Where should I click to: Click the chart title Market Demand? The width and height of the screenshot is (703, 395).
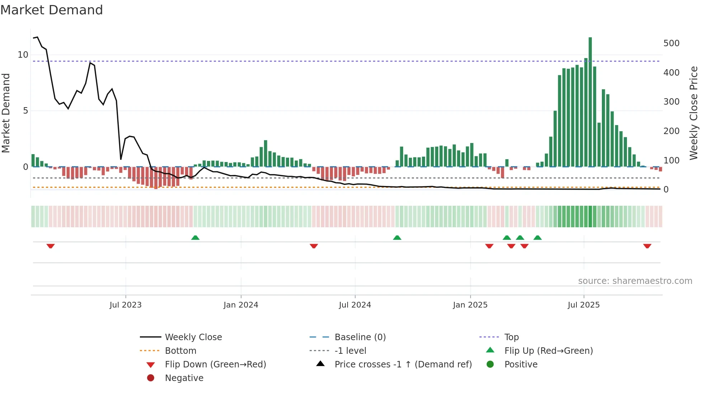click(52, 10)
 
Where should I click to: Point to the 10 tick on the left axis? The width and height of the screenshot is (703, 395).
click(23, 55)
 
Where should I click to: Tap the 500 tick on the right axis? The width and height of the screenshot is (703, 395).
click(671, 43)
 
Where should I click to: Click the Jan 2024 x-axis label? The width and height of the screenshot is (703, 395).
click(241, 305)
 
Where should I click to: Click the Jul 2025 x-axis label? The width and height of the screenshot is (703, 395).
click(584, 305)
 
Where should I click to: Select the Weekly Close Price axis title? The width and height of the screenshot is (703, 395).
click(694, 113)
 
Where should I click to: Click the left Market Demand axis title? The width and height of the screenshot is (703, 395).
click(6, 113)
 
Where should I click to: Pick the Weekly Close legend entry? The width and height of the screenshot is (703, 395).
click(193, 337)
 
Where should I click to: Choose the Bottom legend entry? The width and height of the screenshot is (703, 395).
click(180, 351)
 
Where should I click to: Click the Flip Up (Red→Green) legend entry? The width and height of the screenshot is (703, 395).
click(548, 351)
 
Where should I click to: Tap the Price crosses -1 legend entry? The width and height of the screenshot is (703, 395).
click(403, 365)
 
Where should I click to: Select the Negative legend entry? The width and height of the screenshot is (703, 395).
click(184, 378)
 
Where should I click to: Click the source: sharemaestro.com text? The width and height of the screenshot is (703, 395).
click(635, 281)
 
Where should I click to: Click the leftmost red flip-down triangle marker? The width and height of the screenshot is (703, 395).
click(51, 246)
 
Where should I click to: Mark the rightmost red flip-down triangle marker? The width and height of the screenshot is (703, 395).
click(647, 246)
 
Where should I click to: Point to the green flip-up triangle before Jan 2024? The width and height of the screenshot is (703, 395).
click(195, 238)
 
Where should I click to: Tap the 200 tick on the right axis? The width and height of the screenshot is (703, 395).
click(671, 131)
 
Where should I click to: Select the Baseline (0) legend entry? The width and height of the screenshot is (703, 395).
click(360, 337)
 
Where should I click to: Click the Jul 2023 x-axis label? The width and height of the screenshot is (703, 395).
click(126, 305)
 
